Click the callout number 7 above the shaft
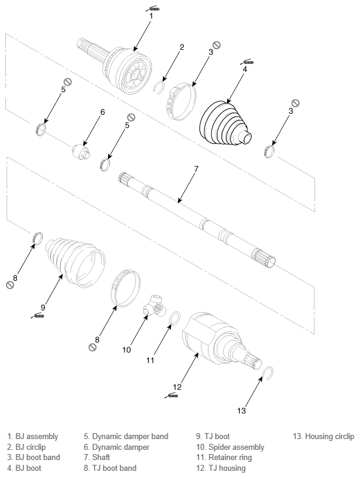point(196,168)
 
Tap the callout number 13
point(241,411)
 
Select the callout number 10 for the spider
point(126,350)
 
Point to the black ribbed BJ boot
point(225,123)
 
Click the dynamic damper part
point(81,151)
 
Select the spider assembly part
point(154,306)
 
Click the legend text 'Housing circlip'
point(329,437)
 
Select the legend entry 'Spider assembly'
point(236,447)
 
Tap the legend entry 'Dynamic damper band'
point(130,437)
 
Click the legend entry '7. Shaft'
point(96,457)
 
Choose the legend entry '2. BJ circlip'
point(26,447)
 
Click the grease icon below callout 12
point(171,396)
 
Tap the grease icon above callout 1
point(153,8)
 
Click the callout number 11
point(150,361)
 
